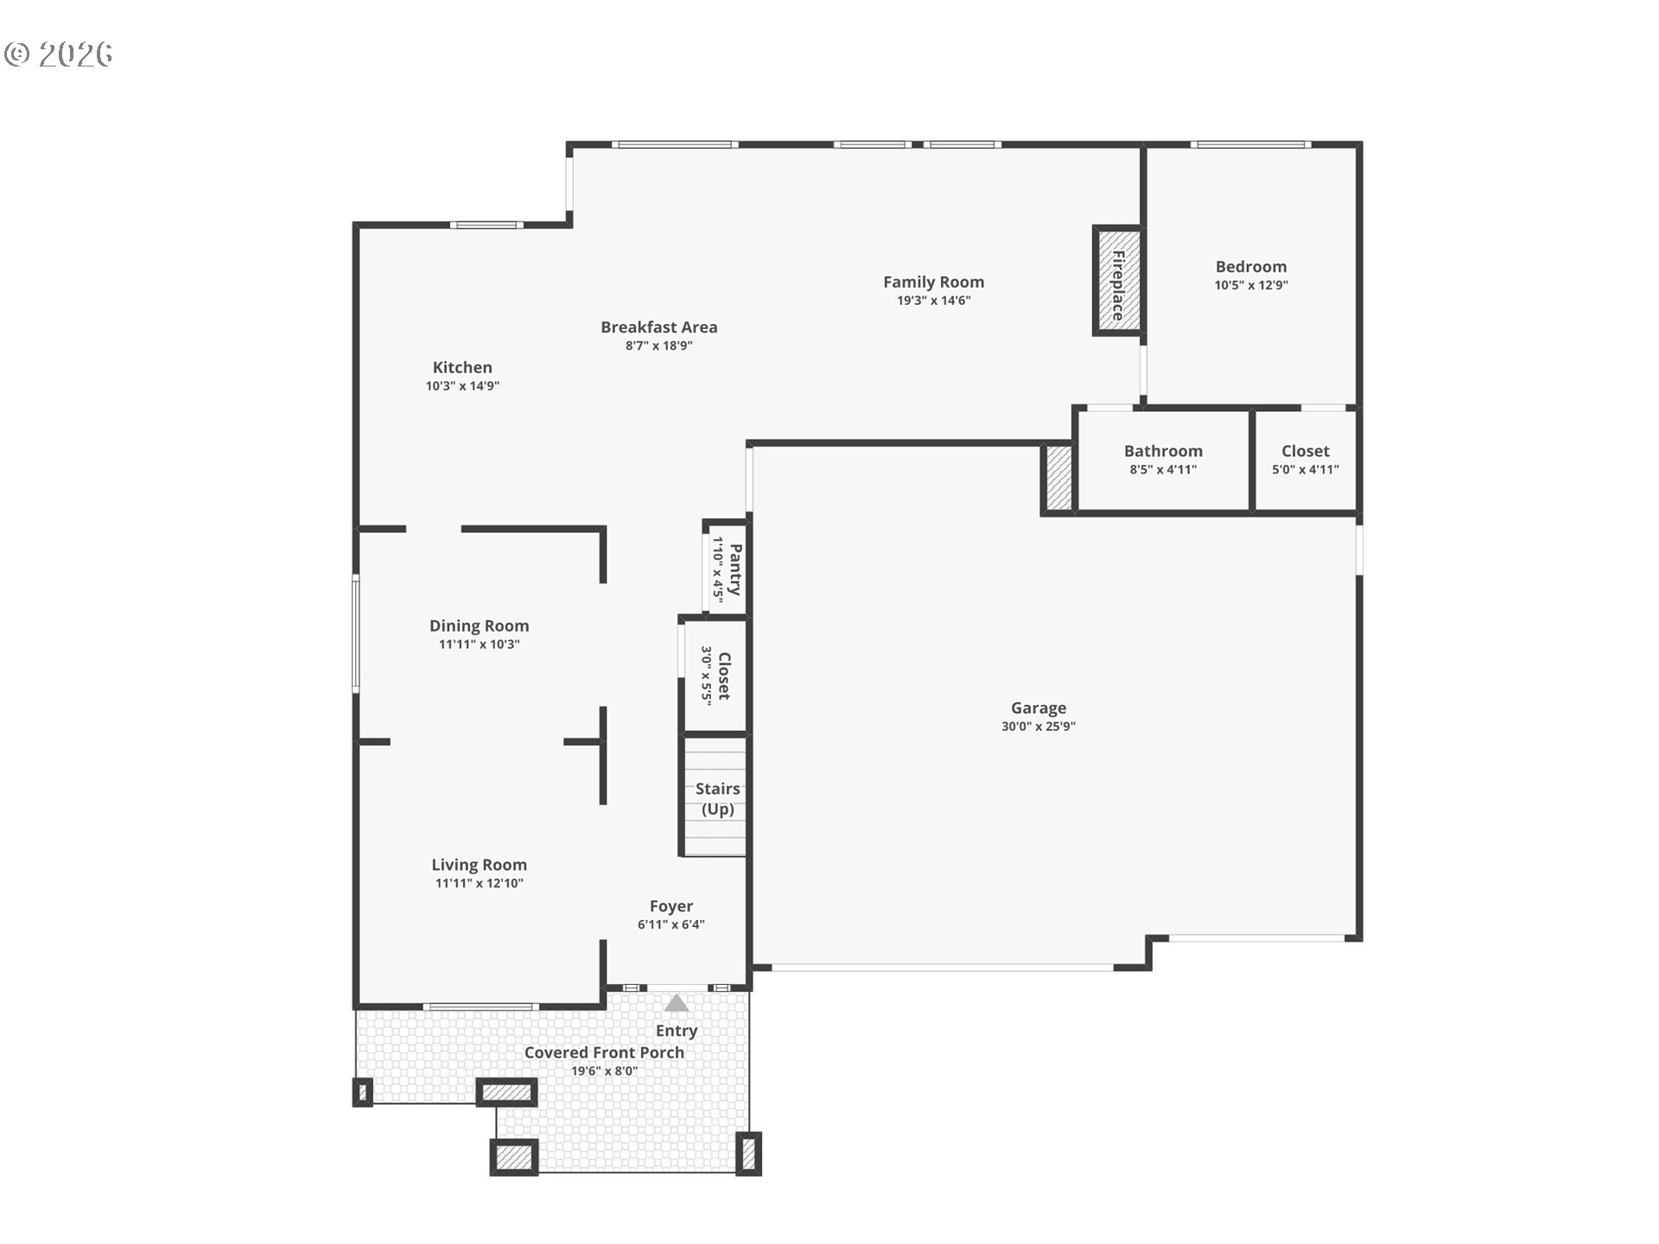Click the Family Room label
[933, 282]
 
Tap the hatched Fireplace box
[1117, 281]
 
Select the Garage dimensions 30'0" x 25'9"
[1038, 727]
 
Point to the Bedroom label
[1250, 267]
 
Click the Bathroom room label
[1163, 451]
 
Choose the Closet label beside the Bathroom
[1305, 451]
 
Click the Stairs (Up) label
[717, 799]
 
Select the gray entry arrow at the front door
[676, 1003]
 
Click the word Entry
[676, 1031]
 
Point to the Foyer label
[671, 906]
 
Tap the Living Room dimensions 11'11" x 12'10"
[479, 883]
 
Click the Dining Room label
[479, 625]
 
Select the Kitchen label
[462, 368]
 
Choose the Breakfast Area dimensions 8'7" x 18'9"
[658, 346]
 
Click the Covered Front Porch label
[604, 1052]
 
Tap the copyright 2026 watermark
[58, 54]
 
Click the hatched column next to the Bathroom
[1058, 478]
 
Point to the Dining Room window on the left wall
[355, 633]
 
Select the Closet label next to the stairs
[724, 676]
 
